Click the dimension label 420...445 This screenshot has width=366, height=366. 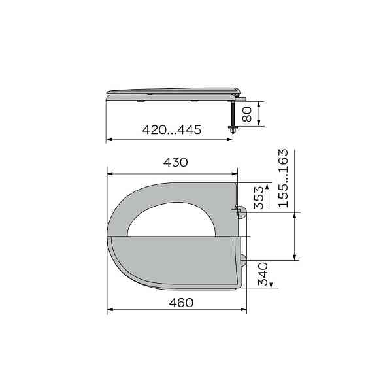[x=171, y=130]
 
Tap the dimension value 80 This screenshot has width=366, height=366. [x=247, y=114]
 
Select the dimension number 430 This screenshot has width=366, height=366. [x=176, y=162]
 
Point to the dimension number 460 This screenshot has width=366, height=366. [x=181, y=303]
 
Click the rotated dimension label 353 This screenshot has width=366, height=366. [x=259, y=197]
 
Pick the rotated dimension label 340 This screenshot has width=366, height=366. [x=263, y=274]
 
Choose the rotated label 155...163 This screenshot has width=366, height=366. [x=284, y=178]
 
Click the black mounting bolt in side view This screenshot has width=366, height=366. [x=233, y=114]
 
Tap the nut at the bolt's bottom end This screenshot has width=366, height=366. [x=233, y=130]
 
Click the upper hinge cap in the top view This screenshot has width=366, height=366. [x=242, y=212]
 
